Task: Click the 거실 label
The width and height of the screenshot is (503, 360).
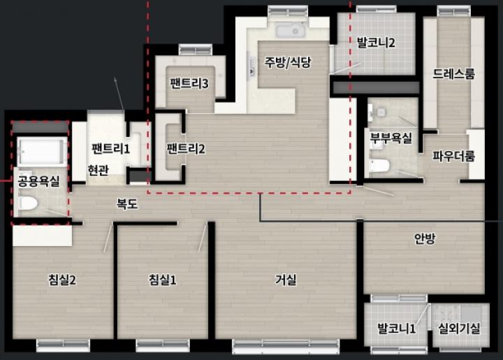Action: [286, 280]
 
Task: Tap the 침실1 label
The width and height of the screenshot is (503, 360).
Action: [162, 280]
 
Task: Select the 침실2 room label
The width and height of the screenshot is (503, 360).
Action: [62, 280]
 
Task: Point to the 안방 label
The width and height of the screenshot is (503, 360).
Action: [425, 238]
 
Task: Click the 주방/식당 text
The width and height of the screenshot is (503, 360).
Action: [287, 62]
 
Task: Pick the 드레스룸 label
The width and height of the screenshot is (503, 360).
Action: [453, 74]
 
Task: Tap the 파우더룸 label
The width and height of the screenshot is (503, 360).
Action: [453, 157]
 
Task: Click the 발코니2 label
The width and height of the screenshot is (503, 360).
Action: [376, 43]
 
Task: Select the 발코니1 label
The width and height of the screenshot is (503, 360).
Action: [397, 329]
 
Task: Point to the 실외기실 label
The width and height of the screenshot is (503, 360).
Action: [460, 329]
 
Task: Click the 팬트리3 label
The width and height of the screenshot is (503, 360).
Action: [189, 83]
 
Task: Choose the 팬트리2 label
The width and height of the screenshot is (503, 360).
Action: [186, 149]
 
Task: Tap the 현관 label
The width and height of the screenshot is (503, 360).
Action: [99, 170]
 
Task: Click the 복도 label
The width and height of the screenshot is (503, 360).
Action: [127, 204]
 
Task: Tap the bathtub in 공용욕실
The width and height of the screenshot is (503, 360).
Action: [43, 152]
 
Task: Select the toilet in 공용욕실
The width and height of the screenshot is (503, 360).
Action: [28, 203]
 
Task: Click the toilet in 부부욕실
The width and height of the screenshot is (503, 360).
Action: [379, 165]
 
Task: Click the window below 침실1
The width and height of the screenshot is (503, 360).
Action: [163, 345]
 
